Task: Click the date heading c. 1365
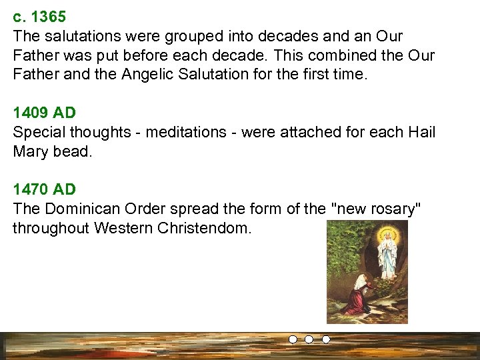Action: pyautogui.click(x=39, y=17)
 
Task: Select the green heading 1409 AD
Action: pyautogui.click(x=45, y=113)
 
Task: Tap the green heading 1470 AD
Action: pyautogui.click(x=45, y=190)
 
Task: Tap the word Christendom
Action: pyautogui.click(x=204, y=229)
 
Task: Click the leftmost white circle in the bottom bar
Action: pyautogui.click(x=293, y=339)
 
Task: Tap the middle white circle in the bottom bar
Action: pyautogui.click(x=309, y=339)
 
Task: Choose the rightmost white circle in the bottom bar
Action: pyautogui.click(x=326, y=339)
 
